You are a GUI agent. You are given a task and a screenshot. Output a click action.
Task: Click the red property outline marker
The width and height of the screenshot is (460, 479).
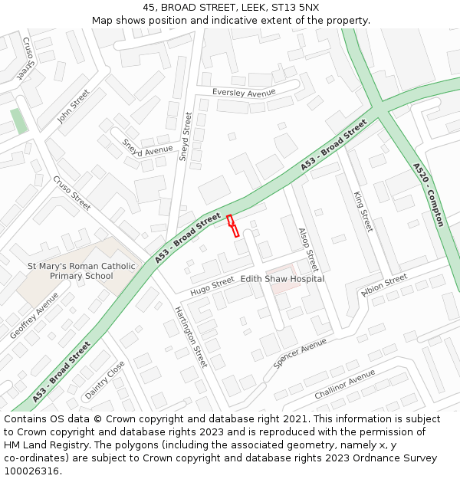[233, 225]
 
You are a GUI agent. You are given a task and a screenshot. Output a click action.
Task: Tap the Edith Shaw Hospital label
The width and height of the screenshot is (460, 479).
[282, 279]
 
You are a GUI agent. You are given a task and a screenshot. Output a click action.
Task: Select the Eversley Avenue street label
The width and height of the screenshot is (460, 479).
[244, 93]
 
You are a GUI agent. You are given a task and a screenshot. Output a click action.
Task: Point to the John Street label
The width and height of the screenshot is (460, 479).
[74, 107]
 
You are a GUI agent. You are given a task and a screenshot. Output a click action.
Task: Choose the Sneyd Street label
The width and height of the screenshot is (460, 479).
[185, 136]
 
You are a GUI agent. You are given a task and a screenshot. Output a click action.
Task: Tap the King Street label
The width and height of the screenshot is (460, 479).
[363, 212]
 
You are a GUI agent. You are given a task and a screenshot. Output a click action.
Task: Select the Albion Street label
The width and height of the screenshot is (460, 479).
[384, 285]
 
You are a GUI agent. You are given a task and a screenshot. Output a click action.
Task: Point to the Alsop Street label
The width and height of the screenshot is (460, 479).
[307, 249]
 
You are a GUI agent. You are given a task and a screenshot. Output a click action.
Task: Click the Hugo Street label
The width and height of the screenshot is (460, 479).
[212, 285]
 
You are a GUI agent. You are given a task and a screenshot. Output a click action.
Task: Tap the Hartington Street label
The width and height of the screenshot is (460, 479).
[191, 336]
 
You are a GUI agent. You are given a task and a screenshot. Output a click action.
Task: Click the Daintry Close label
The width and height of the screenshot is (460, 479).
[104, 380]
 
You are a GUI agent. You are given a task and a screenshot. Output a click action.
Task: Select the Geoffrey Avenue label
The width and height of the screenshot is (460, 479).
[34, 316]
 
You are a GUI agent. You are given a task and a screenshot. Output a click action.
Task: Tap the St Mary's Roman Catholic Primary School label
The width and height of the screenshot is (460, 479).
[81, 271]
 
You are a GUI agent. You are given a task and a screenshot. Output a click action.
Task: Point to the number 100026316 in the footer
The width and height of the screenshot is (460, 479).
[31, 471]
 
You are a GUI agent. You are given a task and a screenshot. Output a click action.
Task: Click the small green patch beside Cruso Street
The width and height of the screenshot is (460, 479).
[19, 121]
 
